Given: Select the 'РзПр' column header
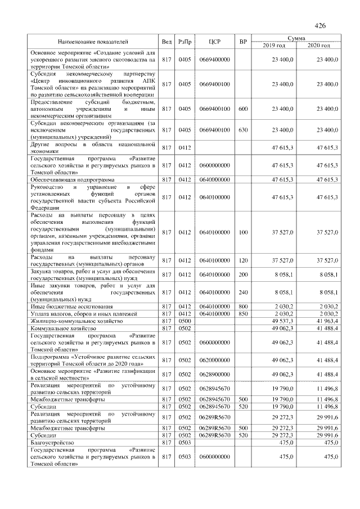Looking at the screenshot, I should (184, 42).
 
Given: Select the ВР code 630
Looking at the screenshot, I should (243, 130).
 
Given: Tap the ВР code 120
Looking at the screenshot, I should (243, 260).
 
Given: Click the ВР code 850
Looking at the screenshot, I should (243, 313).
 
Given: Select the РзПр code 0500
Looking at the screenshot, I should (184, 319).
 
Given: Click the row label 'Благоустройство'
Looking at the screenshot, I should (52, 443).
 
